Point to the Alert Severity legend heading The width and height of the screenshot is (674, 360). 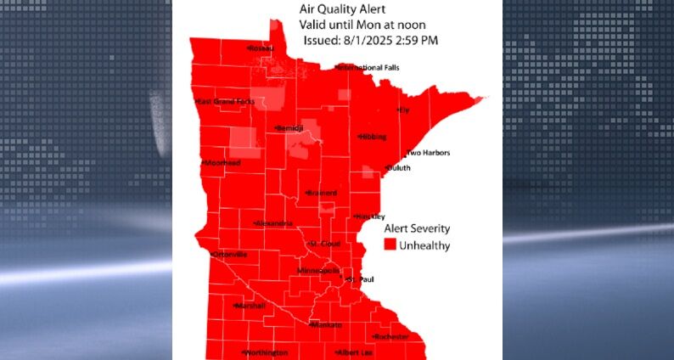tap(417, 228)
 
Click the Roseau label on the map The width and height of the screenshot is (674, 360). tap(261, 48)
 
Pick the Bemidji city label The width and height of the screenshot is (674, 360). tap(289, 128)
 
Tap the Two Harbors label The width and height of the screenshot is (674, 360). tap(429, 153)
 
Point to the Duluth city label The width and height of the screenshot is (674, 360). tap(398, 168)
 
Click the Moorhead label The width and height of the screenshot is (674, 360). tap(222, 163)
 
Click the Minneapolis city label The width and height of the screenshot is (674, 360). tap(318, 271)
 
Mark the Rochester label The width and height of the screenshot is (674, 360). tap(391, 337)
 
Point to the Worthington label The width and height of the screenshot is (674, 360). tap(267, 352)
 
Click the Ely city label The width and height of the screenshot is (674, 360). tap(404, 110)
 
